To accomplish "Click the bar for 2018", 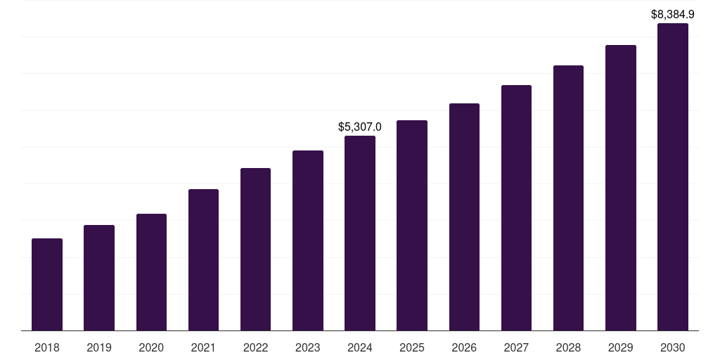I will coord(47,285).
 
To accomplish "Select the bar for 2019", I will coord(99,278).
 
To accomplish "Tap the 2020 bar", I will coord(151,272).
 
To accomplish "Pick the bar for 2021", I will coord(203,260).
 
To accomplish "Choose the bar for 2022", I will coord(255,250).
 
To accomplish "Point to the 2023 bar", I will coord(308,240).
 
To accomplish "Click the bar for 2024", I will coord(360,233).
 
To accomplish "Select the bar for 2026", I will coord(464,217).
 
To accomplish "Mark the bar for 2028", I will coord(568,198).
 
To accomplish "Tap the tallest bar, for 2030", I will coord(672,177).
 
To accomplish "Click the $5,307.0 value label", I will coord(360,127).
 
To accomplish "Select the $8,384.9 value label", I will coord(672,14).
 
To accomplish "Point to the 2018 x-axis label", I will coord(47,347).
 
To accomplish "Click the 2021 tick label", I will coord(203,347).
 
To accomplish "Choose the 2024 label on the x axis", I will coord(360,347).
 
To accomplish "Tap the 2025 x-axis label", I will coord(412,347).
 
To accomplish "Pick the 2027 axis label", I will coord(516,347).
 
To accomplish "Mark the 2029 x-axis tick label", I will coord(620,347).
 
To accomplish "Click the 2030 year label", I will coord(672,347).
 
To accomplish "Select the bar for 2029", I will coord(620,188).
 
